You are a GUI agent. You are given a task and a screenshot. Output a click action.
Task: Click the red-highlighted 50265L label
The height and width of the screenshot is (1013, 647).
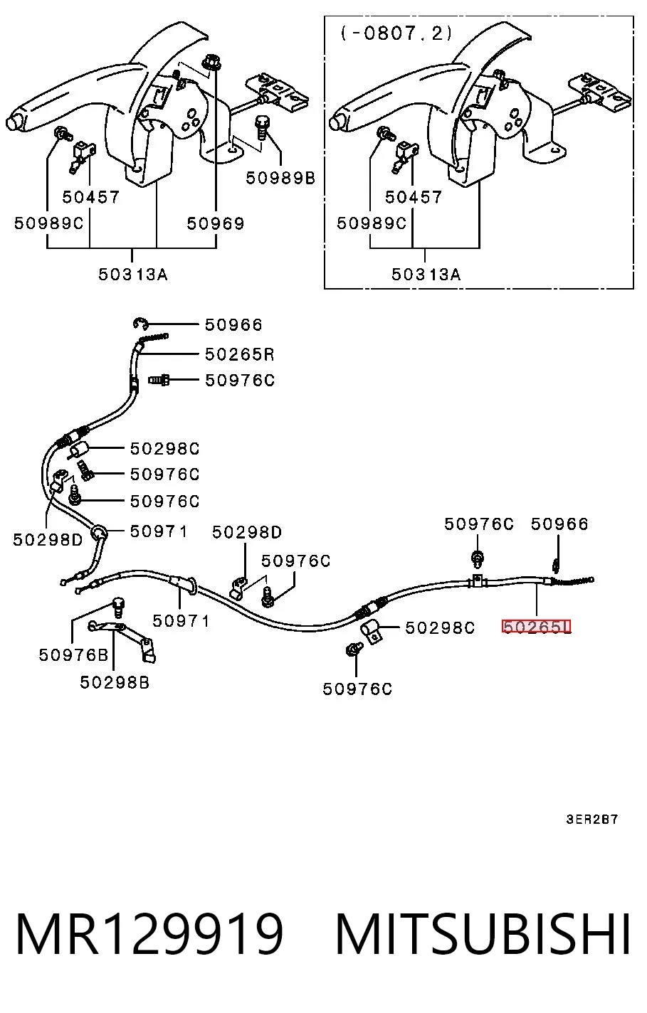click(536, 627)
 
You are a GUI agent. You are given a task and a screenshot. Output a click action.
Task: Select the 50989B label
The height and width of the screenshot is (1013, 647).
click(280, 178)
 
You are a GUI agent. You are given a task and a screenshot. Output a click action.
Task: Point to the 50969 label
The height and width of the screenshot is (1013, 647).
click(216, 223)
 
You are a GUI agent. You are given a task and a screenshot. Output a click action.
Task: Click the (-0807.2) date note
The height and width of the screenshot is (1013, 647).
click(396, 33)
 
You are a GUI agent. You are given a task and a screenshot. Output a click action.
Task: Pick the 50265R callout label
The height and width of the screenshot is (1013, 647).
click(239, 354)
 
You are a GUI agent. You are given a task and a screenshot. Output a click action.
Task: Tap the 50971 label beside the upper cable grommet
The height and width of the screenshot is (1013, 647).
click(158, 531)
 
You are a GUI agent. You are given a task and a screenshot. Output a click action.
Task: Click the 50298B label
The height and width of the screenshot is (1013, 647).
click(115, 682)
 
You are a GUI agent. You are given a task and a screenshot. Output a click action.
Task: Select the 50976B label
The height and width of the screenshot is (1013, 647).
click(73, 655)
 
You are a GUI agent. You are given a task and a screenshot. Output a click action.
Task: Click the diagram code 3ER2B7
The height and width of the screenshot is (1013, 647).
click(591, 820)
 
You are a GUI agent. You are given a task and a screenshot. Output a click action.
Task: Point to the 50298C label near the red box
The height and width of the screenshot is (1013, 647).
click(439, 627)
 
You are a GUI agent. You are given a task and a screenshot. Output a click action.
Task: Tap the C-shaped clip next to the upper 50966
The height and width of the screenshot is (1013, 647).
click(140, 324)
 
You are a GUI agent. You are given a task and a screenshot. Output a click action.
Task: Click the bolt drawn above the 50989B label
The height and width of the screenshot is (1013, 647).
click(262, 128)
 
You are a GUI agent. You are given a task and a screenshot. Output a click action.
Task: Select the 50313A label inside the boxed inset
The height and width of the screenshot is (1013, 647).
click(426, 274)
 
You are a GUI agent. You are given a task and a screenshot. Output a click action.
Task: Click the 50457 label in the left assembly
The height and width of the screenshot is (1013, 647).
click(90, 197)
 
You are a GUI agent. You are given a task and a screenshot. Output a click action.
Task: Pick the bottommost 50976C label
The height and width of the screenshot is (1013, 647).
click(357, 689)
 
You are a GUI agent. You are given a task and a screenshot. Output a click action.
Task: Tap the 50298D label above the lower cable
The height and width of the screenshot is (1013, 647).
click(246, 532)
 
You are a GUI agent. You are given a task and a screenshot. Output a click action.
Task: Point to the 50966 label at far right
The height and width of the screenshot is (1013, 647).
click(559, 524)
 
